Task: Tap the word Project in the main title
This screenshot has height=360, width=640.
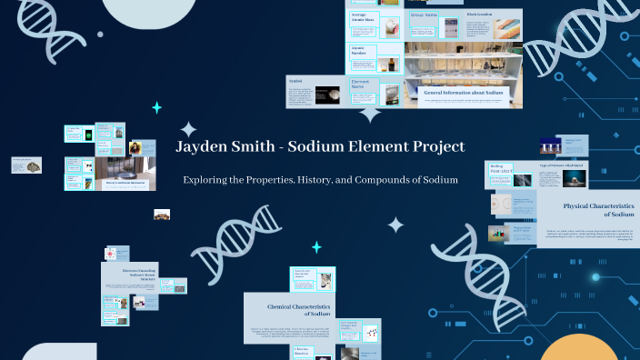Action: coord(434,146)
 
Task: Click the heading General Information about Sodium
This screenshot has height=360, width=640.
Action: coord(464,92)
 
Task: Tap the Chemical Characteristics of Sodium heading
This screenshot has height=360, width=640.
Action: coord(288,310)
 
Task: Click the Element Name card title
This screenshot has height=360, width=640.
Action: coord(363,85)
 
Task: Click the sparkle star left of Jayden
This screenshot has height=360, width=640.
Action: coord(188,129)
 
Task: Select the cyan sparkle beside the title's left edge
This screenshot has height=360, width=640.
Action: coord(156,107)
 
